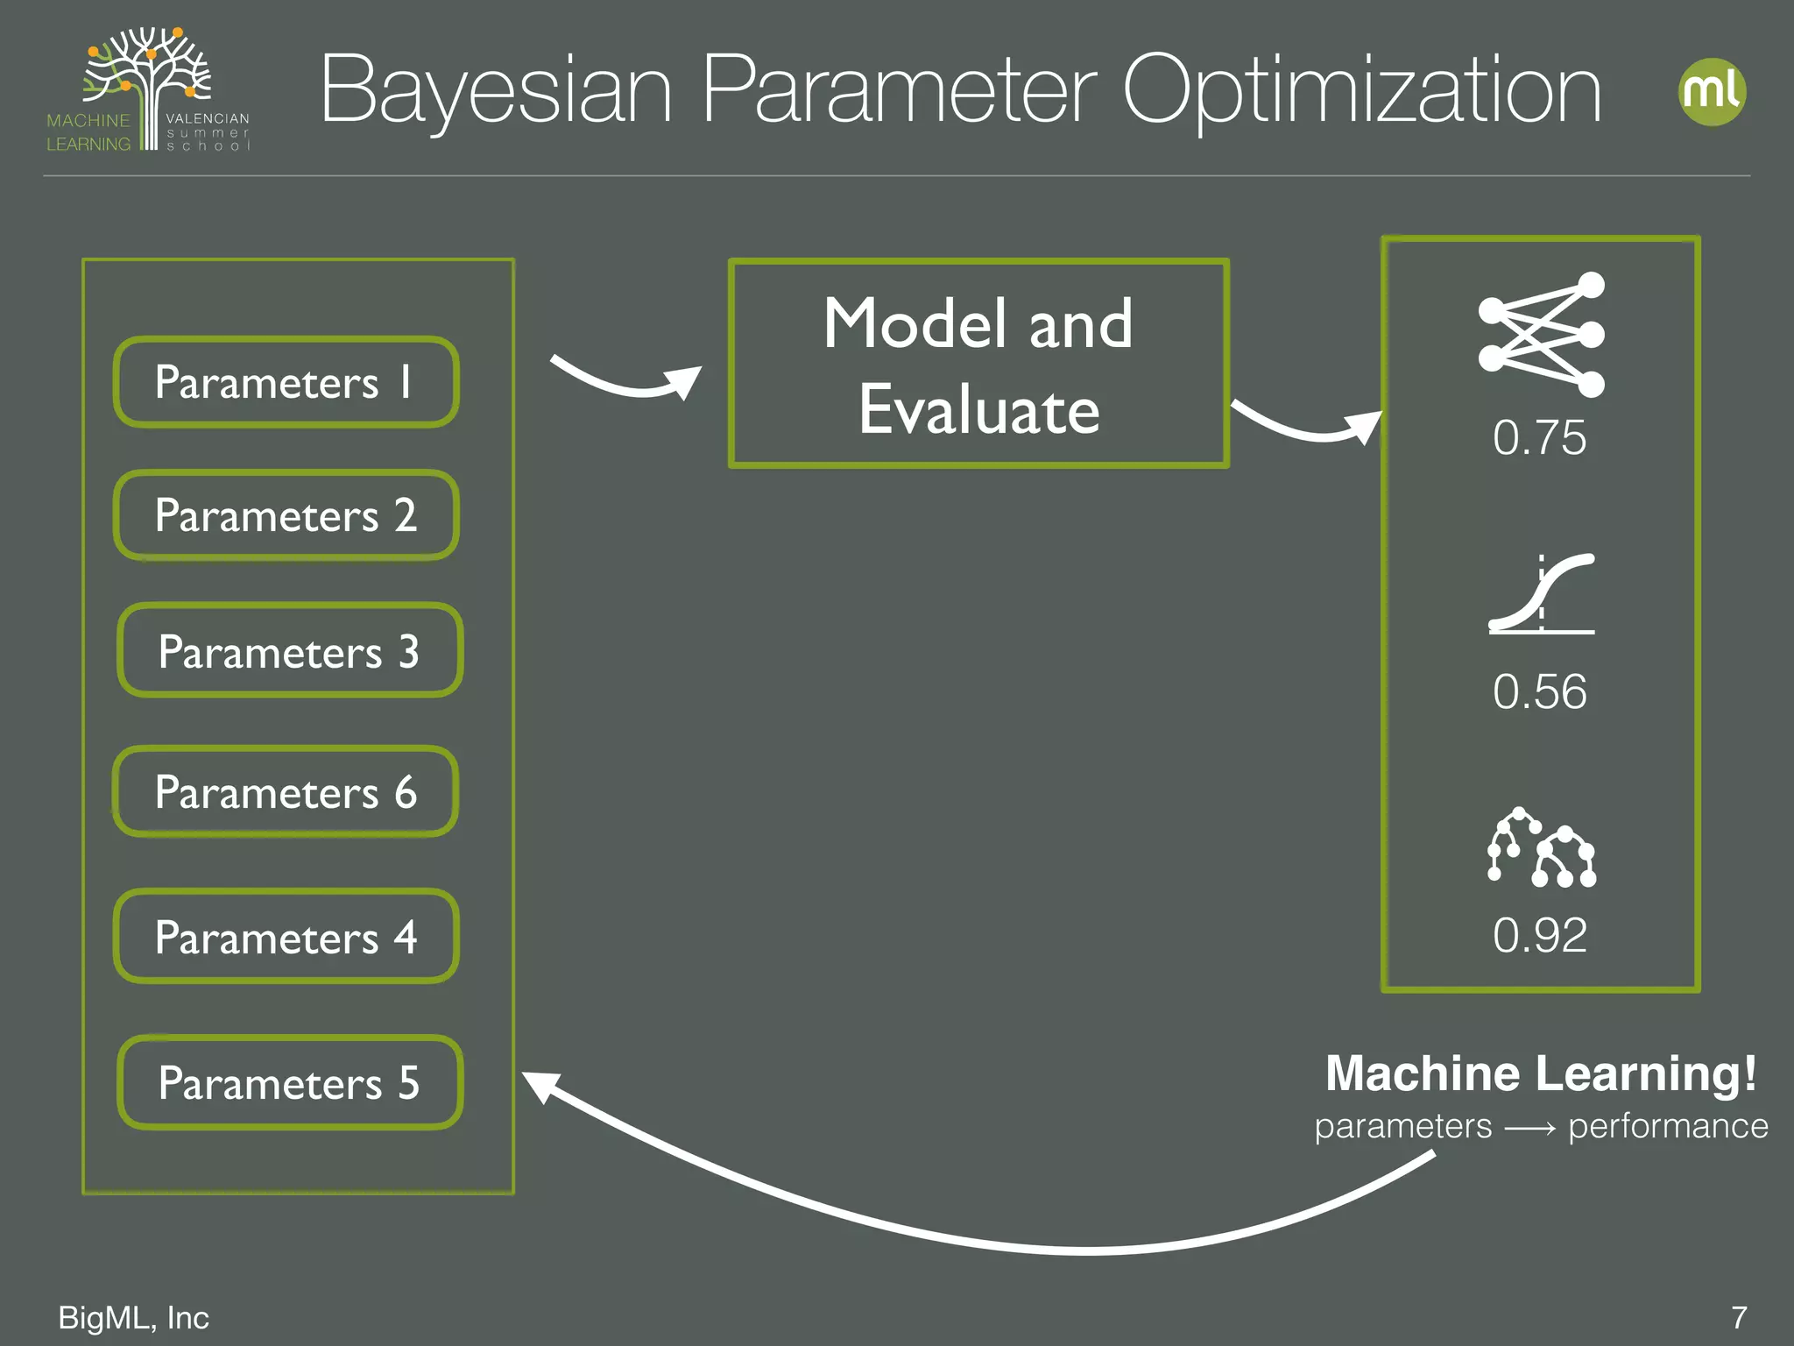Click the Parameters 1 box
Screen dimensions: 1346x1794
click(286, 382)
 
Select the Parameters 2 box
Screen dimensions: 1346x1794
click(286, 515)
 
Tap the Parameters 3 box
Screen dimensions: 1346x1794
click(289, 651)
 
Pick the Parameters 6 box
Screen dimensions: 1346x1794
click(286, 792)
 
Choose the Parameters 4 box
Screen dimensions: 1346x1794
click(286, 937)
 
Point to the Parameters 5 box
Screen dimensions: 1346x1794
click(289, 1083)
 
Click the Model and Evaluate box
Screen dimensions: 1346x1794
click(978, 365)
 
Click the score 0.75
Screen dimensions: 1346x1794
click(1539, 437)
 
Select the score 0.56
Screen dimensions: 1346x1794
click(1539, 691)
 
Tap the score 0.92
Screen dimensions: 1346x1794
click(1539, 935)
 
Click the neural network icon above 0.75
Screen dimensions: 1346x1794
click(1541, 335)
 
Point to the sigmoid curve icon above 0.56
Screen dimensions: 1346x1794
click(1541, 593)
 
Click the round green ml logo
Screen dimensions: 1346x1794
click(1712, 92)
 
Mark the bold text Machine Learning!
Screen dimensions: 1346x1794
click(1541, 1074)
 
